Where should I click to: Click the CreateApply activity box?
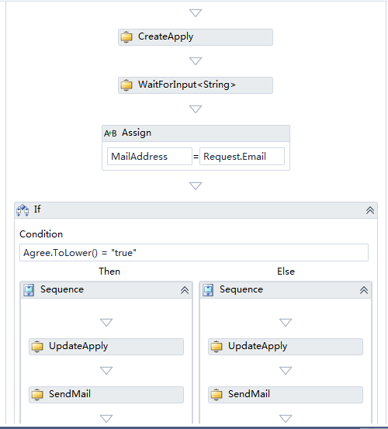pos(196,37)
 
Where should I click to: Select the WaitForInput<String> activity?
pos(196,85)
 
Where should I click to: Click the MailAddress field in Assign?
pos(150,157)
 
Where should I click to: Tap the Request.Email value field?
pos(242,157)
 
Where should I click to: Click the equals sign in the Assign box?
pos(196,157)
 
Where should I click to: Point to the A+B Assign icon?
pos(110,133)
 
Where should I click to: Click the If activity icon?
pos(23,210)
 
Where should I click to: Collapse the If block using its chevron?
pos(370,210)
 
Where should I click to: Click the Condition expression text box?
pos(194,253)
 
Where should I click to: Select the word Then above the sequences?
pos(109,272)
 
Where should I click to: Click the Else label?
pos(286,272)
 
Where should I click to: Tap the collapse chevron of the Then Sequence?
pos(185,290)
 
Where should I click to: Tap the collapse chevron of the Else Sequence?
pos(364,290)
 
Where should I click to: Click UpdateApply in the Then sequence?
pos(106,347)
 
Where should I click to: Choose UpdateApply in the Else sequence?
pos(286,347)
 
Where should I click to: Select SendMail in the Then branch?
pos(106,395)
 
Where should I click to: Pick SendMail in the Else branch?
pos(286,395)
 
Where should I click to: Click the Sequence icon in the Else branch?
pos(208,290)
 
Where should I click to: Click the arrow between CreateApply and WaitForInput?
pos(196,61)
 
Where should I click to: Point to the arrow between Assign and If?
pos(196,186)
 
